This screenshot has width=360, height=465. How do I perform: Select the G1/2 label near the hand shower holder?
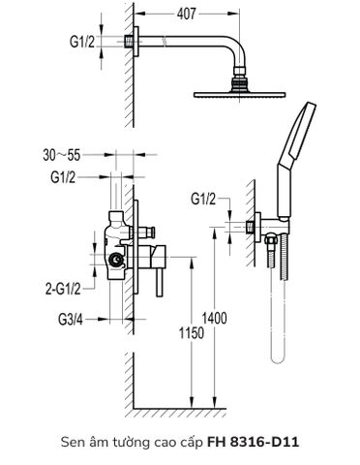203,200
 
